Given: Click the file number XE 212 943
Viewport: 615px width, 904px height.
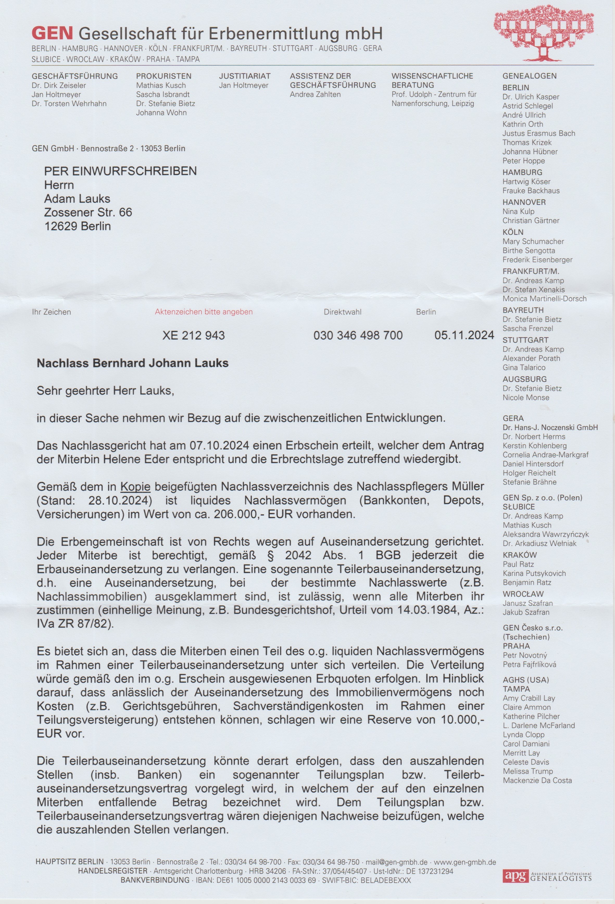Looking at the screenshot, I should [x=193, y=335].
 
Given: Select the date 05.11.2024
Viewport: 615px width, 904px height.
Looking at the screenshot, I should [x=464, y=335].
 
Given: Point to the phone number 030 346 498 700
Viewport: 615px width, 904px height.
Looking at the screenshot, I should [x=358, y=335].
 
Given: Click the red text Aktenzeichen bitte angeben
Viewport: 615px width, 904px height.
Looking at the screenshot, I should [x=203, y=312].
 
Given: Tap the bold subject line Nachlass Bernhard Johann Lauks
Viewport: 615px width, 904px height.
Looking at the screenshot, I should [x=133, y=363].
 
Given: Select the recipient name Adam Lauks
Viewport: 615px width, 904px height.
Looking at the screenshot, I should [x=77, y=199].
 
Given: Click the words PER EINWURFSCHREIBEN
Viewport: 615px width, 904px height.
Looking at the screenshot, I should [x=120, y=171].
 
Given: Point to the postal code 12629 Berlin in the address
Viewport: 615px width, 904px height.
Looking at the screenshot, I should [x=77, y=226].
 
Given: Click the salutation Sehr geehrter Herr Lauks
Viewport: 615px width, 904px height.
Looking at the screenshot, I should [x=105, y=391].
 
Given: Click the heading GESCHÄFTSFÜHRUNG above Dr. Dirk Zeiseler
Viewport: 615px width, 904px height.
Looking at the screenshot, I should [x=75, y=76].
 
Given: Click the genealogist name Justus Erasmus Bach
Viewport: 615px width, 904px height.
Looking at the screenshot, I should [x=538, y=133].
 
